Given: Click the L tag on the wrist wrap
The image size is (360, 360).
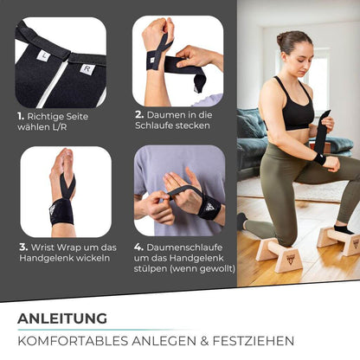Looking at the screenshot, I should coord(42,55).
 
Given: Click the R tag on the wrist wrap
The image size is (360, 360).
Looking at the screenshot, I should coord(86,68).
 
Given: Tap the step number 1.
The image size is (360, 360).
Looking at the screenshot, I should coord(19,116).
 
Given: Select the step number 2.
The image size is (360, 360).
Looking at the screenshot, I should coord(138,113).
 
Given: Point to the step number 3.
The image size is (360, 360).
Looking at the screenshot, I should coord(23,247).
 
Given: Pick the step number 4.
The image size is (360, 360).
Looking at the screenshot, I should coord(138,246).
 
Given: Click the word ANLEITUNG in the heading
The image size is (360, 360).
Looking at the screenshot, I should coord(62,318).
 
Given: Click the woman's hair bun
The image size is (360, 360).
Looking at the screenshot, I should coord(281,40).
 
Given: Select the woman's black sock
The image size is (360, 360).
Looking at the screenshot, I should coord(343,229).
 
